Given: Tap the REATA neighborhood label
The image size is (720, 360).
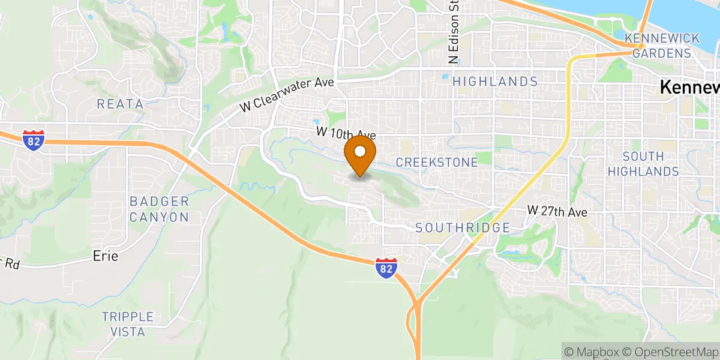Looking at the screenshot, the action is point(121,104).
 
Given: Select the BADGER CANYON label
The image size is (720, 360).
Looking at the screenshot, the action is point(159,209).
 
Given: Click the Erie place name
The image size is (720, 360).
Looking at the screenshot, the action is point(106,256).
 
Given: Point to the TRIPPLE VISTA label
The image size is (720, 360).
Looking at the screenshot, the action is point(128,324).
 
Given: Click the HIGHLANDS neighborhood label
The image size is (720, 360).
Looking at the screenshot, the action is point(495,81).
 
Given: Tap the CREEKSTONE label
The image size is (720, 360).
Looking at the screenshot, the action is point(437,163).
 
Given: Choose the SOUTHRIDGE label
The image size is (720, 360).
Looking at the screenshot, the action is point(463,228).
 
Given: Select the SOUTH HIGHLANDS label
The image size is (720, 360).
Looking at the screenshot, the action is point(643,164).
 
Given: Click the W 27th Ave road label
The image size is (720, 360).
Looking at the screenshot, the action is point(557,211).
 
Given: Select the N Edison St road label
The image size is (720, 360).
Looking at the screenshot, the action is point(454,33).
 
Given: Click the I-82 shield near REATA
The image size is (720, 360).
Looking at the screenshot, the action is point(34,139).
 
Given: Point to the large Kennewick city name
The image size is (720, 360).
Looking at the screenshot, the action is point(690,88).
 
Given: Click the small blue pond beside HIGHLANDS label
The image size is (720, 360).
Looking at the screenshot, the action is point(445,77).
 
